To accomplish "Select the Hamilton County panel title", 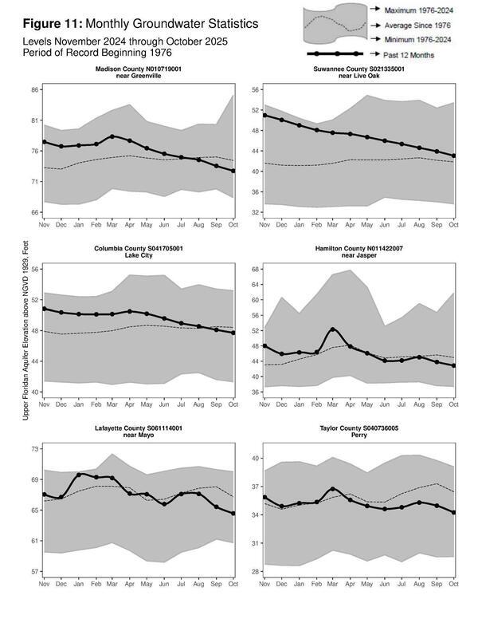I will click(358, 253).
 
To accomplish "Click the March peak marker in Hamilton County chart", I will click(333, 329).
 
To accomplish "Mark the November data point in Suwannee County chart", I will click(264, 115).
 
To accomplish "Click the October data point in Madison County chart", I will click(233, 171).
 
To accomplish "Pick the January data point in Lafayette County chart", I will click(79, 475).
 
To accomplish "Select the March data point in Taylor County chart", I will click(333, 489).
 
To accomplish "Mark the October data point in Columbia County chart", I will click(233, 333).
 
